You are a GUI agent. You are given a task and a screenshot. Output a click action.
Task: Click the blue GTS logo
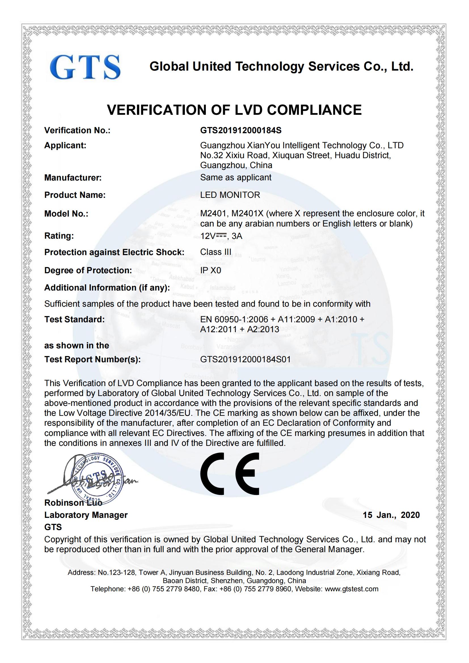85,67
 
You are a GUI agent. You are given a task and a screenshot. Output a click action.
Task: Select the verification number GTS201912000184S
240,130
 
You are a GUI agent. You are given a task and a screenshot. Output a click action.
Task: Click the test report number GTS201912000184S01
245,359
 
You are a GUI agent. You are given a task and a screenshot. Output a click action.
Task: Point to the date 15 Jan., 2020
391,515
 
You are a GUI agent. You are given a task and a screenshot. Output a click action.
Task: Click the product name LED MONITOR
230,195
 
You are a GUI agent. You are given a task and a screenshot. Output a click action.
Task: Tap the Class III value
216,252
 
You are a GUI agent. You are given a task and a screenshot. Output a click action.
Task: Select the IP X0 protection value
210,270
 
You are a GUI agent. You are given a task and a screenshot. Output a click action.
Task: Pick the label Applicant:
65,145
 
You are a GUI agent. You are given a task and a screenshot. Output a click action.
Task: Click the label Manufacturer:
73,178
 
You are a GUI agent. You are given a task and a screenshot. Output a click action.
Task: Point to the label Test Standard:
74,319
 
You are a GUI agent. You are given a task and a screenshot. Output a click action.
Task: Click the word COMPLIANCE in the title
314,110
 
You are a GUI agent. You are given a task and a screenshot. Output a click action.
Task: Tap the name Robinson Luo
73,503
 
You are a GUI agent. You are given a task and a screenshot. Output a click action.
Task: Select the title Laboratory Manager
86,515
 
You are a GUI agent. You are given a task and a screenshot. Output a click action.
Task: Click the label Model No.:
66,214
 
